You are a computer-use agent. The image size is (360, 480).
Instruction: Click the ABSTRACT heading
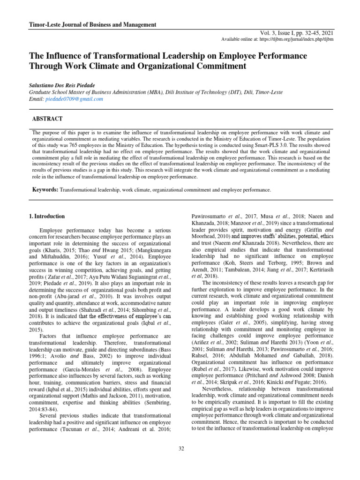[x=47, y=120]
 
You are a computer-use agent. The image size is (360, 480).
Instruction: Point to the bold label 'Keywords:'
[x=45, y=190]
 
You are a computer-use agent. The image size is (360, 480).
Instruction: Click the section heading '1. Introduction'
[x=47, y=217]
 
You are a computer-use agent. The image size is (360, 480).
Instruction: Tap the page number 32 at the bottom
[x=181, y=449]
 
